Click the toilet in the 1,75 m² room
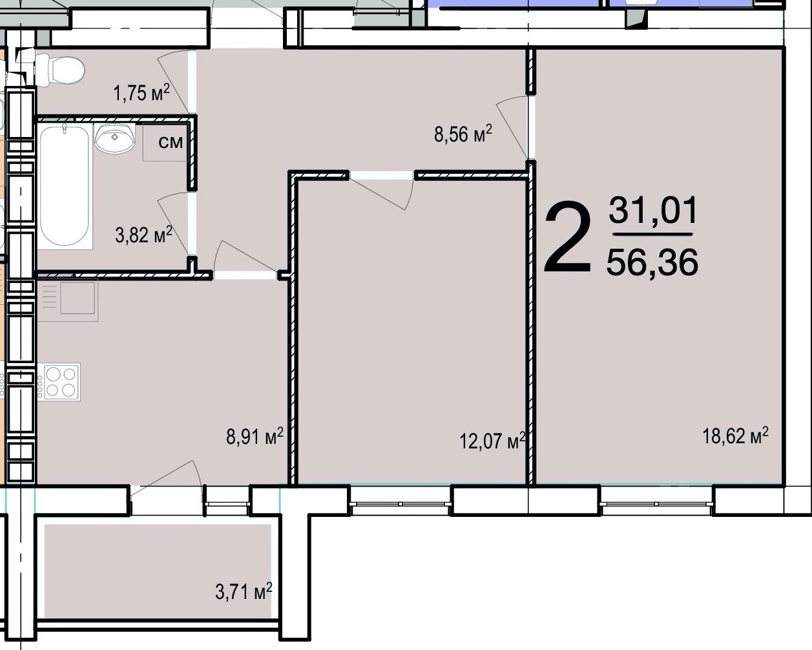click(59, 70)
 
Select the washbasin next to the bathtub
click(115, 138)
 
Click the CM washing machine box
click(165, 142)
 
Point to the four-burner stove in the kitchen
click(61, 382)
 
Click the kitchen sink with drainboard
click(68, 300)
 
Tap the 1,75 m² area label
click(141, 93)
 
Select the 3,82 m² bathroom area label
click(143, 235)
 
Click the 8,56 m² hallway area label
click(463, 134)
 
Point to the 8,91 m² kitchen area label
click(255, 437)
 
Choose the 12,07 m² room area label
click(492, 441)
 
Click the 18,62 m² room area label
click(735, 436)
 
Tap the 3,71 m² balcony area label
click(244, 591)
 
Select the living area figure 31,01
click(653, 210)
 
